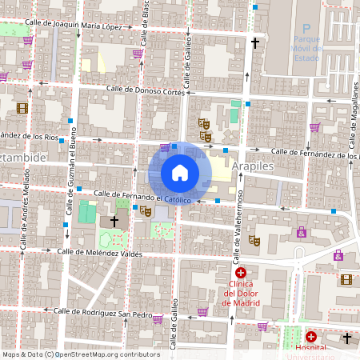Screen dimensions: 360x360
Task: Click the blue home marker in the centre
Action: pyautogui.click(x=180, y=173)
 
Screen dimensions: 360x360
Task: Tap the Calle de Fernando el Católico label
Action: pyautogui.click(x=142, y=196)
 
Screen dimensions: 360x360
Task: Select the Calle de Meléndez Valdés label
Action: pyautogui.click(x=99, y=252)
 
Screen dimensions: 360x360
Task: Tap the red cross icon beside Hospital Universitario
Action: pyautogui.click(x=311, y=338)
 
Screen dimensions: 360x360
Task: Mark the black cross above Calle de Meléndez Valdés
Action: pyautogui.click(x=114, y=221)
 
